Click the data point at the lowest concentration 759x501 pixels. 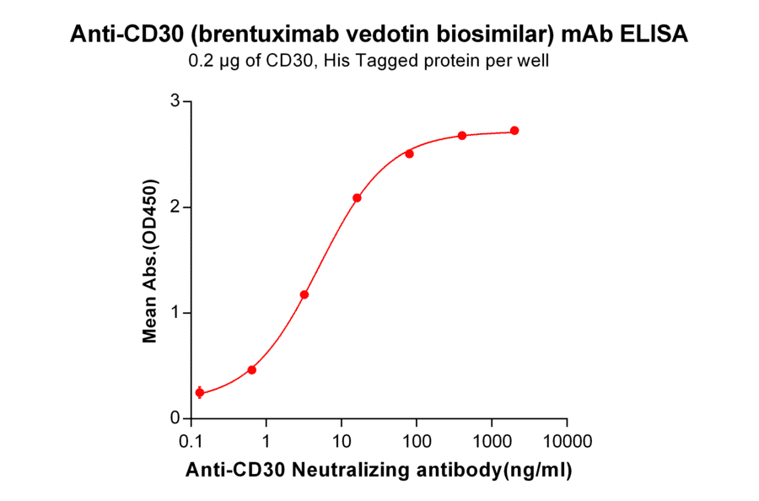199,392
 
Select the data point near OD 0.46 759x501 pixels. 251,369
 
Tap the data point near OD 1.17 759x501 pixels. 304,294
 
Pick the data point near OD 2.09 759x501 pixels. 357,197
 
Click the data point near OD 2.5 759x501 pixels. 409,154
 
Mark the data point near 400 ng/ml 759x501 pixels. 462,136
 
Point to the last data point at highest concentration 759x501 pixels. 514,131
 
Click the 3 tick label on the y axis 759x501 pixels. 175,101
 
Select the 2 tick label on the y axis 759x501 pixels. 175,207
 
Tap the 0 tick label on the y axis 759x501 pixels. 175,418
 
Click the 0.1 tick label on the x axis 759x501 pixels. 191,441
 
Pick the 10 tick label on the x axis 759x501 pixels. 342,441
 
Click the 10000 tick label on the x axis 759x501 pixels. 566,441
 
